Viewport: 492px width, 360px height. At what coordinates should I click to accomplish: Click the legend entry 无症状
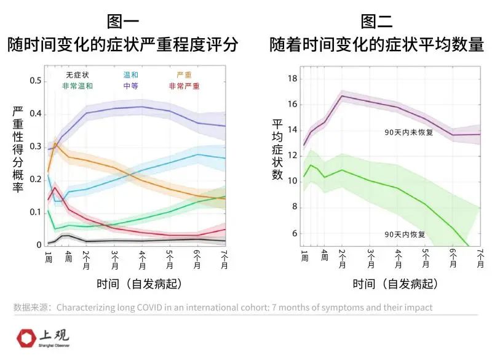pos(77,75)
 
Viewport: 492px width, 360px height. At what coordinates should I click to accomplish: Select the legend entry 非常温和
pos(77,86)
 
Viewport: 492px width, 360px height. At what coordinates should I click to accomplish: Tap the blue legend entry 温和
pos(131,75)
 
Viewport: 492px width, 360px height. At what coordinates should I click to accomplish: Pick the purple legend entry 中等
pos(131,86)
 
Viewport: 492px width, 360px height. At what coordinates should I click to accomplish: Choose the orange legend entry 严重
pos(184,75)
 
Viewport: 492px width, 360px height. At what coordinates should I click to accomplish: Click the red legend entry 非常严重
pos(184,86)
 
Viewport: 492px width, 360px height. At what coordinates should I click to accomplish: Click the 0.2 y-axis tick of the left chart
pos(35,180)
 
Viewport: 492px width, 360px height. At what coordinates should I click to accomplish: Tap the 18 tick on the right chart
pos(293,79)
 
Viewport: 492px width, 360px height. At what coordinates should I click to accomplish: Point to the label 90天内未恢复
pos(409,132)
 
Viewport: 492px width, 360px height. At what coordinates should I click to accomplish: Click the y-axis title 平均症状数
pos(277,150)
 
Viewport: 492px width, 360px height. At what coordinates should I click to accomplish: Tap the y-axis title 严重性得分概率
pos(18,150)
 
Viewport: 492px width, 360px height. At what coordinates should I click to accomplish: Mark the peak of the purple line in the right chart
pos(342,95)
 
